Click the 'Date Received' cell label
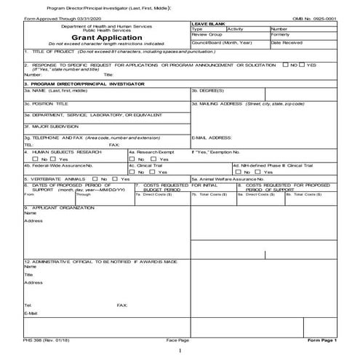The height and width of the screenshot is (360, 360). [x=286, y=43]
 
